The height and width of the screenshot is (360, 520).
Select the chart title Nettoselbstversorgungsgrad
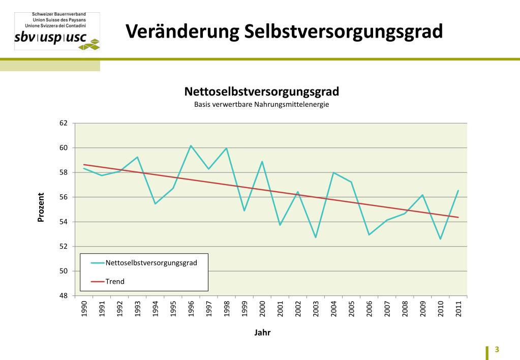coord(261,92)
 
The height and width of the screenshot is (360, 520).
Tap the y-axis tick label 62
coord(64,123)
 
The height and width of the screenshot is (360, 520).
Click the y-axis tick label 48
coord(64,295)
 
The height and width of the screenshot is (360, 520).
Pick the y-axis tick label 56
coord(64,197)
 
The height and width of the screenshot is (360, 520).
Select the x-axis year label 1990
coord(84,308)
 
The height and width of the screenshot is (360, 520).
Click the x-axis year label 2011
coord(458,308)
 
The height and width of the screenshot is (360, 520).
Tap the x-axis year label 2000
coord(262,308)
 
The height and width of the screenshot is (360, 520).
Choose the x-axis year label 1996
coord(191,308)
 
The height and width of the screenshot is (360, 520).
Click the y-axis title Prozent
coord(41,207)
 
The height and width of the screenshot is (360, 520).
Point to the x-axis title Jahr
coord(262,333)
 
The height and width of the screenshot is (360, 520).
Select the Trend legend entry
coord(115,281)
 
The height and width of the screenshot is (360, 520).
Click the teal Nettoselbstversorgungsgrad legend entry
coord(151,263)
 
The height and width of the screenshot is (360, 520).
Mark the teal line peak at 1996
coord(191,146)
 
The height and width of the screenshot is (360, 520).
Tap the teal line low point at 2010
coord(440,239)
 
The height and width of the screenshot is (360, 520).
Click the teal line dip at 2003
coord(316,237)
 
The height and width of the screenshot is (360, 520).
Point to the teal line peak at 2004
coord(333,173)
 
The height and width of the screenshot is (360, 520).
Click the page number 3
coord(497,350)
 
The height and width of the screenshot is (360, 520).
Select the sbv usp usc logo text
coord(50,39)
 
